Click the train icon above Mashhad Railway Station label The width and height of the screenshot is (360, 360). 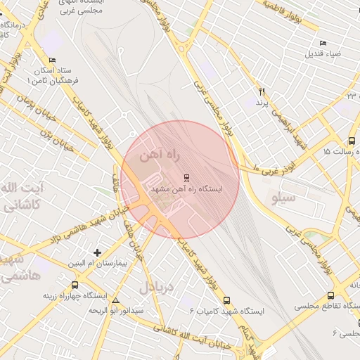186,177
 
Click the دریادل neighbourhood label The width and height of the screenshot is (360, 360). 155,286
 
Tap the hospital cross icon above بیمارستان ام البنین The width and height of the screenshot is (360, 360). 97,252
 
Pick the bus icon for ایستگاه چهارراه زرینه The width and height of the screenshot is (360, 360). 75,285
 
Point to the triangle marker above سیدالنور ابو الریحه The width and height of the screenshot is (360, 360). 116,300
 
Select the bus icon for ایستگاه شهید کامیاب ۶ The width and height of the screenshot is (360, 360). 226,300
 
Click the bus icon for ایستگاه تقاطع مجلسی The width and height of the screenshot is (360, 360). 330,296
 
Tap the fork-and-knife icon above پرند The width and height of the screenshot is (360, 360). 262,91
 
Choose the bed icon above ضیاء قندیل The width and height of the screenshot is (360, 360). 323,43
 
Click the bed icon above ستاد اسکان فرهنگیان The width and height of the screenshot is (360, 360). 53,61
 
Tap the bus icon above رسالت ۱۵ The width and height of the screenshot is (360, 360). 352,141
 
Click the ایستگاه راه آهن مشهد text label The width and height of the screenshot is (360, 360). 186,189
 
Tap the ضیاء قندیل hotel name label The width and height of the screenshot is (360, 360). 323,53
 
